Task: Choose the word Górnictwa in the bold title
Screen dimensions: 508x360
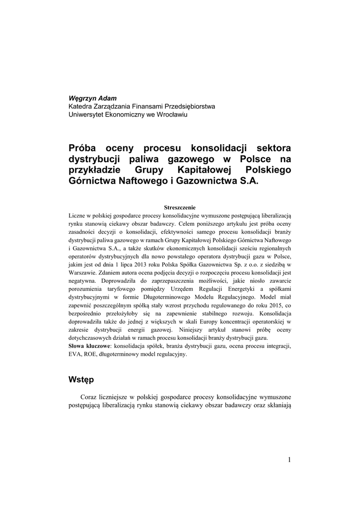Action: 92,182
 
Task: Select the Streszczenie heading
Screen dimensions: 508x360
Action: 180,207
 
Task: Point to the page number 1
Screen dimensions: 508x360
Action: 289,460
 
